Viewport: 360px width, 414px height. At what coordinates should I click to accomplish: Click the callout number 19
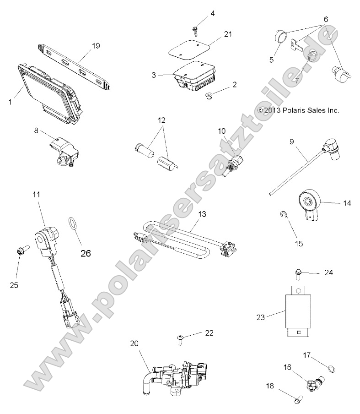pyautogui.click(x=96, y=46)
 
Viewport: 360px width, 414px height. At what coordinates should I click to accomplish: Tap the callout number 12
pyautogui.click(x=161, y=120)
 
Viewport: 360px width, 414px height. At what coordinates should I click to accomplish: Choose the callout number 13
pyautogui.click(x=202, y=214)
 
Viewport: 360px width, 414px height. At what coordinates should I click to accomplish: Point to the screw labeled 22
pyautogui.click(x=179, y=339)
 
